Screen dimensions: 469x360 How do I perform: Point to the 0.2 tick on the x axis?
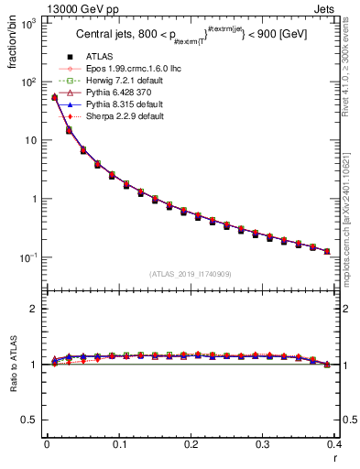pyautogui.click(x=191, y=444)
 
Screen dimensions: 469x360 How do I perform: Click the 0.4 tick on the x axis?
pyautogui.click(x=334, y=444)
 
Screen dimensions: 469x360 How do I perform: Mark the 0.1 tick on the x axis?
pyautogui.click(x=119, y=444)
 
